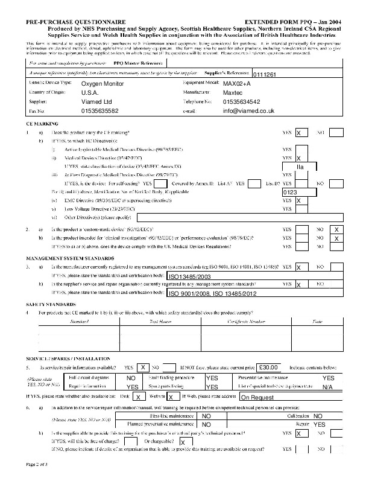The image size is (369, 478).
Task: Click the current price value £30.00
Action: coord(267,367)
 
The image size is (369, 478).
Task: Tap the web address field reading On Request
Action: coord(257,398)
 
